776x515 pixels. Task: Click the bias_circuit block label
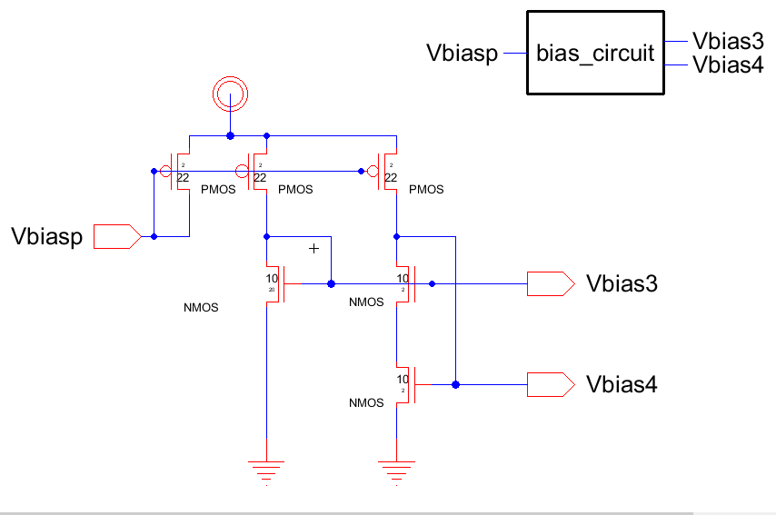(x=595, y=54)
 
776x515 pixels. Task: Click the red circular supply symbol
(x=230, y=93)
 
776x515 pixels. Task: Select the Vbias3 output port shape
(x=550, y=284)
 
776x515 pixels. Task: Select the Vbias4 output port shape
(x=550, y=385)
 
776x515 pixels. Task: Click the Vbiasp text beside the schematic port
(x=46, y=238)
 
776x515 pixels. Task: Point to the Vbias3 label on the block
(x=727, y=41)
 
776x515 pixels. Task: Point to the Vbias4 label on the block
(x=727, y=64)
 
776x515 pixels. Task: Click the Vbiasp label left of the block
(x=463, y=54)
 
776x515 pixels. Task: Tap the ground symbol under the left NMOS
(x=266, y=470)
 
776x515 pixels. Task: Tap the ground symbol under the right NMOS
(x=396, y=470)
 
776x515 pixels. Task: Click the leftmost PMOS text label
(x=218, y=190)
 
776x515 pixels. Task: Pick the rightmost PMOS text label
(x=426, y=190)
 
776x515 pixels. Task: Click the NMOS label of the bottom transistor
(x=366, y=402)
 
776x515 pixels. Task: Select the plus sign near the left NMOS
(x=314, y=248)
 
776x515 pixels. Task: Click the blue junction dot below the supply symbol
(x=230, y=136)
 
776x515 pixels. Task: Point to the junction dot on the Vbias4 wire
(x=455, y=385)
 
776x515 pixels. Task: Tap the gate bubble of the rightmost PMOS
(x=373, y=170)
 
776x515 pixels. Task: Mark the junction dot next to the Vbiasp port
(x=154, y=237)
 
